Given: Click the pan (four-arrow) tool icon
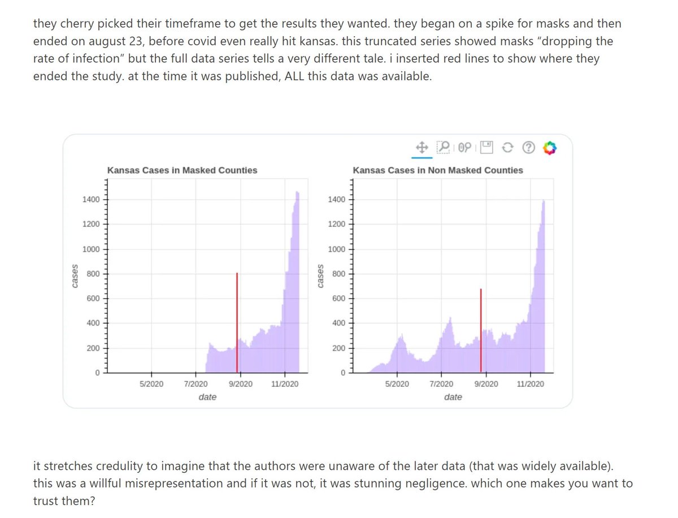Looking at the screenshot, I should (420, 148).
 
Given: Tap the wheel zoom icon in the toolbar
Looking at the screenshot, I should (464, 148).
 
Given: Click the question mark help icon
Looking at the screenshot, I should (528, 148).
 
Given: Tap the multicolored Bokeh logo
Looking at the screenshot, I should (549, 148).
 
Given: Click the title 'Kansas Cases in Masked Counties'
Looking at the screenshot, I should (182, 170).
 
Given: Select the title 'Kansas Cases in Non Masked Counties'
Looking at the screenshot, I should (438, 170).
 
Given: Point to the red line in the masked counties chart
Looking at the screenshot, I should (237, 322).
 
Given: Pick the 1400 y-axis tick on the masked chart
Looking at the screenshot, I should (90, 199).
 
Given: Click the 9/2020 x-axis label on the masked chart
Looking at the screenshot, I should (240, 384).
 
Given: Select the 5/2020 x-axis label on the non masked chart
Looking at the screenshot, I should (396, 384).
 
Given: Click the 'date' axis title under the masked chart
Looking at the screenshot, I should (207, 397).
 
